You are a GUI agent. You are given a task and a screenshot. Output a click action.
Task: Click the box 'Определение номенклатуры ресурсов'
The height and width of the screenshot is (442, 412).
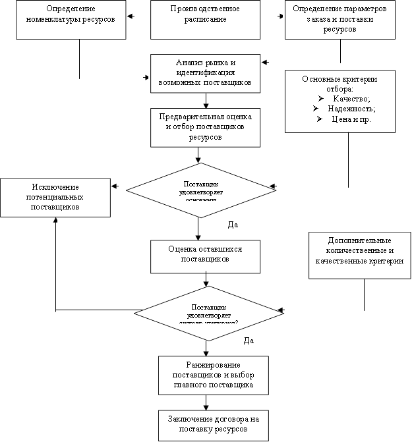pyautogui.click(x=71, y=19)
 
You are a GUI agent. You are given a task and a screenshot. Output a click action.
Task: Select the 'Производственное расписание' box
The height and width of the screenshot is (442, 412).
pyautogui.click(x=206, y=19)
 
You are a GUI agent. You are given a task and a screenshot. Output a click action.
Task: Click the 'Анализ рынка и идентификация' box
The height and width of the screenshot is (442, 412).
pyautogui.click(x=206, y=73)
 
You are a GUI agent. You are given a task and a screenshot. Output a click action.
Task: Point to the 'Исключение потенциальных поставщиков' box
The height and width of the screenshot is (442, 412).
pyautogui.click(x=55, y=197)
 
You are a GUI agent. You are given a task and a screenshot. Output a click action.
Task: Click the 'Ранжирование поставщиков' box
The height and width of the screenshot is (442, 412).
pyautogui.click(x=214, y=375)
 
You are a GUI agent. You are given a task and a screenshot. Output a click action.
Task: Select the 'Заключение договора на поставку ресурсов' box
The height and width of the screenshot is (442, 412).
pyautogui.click(x=214, y=425)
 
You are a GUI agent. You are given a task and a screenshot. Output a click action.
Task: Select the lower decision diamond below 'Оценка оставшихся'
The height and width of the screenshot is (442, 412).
pyautogui.click(x=208, y=312)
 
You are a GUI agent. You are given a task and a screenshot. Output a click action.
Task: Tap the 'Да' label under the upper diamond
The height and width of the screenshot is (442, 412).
pyautogui.click(x=232, y=225)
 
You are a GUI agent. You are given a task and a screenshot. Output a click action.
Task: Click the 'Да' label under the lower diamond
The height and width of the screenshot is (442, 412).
pyautogui.click(x=249, y=341)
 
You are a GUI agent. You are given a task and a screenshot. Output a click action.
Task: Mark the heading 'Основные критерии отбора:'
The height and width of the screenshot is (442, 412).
pyautogui.click(x=339, y=84)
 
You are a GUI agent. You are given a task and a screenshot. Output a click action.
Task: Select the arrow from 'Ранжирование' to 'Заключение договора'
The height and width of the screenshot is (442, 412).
pyautogui.click(x=207, y=401)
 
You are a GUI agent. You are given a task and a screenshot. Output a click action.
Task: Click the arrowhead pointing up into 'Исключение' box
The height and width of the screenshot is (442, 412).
pyautogui.click(x=55, y=221)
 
